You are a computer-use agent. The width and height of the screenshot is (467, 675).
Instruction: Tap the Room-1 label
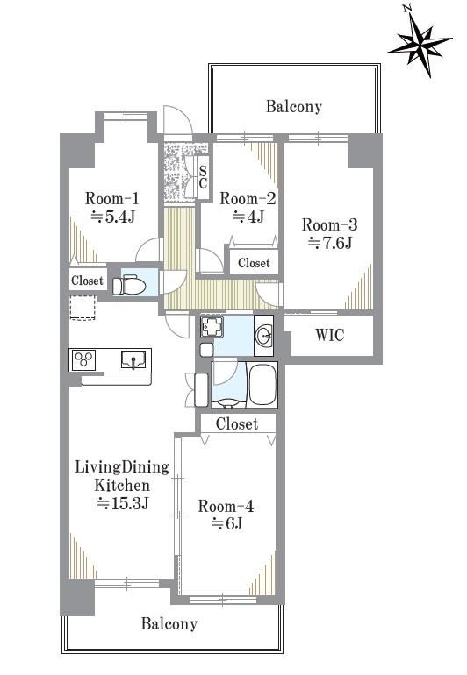point(112,199)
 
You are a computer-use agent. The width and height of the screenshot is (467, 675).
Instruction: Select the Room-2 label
point(248,198)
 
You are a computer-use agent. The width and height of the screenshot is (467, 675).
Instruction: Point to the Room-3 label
point(329,224)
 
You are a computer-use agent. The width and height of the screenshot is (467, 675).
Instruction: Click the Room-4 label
point(226,506)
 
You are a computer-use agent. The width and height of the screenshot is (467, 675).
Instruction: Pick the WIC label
point(330,335)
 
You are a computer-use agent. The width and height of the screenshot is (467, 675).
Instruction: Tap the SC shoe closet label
point(203,177)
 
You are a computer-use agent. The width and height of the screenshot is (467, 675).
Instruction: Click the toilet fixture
point(129,285)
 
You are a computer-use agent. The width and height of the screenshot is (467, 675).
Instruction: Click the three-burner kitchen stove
point(84,359)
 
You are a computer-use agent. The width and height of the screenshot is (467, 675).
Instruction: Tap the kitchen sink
point(133,359)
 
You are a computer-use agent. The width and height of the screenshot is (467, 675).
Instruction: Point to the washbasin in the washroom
point(263,336)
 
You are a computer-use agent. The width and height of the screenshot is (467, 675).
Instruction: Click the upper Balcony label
point(294,106)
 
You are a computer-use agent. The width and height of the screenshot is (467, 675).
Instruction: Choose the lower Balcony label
point(169,623)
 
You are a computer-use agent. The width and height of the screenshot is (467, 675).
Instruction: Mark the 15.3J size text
point(123,503)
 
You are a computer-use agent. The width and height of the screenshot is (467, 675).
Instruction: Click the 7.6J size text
point(330,243)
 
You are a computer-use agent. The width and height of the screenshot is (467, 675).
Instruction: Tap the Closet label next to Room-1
point(87,281)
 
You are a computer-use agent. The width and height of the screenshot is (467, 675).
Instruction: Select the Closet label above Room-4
point(237,423)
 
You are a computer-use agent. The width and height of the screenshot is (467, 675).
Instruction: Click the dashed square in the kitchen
point(82,308)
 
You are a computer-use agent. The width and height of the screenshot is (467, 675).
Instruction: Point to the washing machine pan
point(212,327)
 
